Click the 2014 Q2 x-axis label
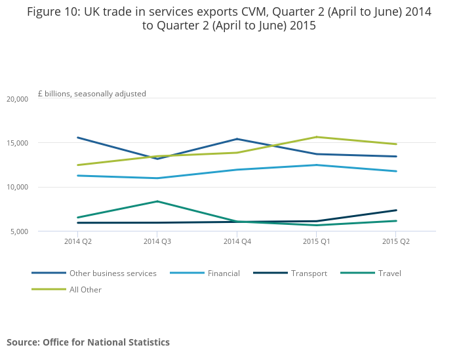click(x=77, y=242)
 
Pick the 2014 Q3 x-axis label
click(x=157, y=242)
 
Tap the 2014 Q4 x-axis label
click(x=237, y=242)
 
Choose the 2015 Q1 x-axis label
click(x=317, y=242)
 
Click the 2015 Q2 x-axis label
click(x=397, y=242)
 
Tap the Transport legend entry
click(x=309, y=273)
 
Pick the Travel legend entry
click(x=389, y=273)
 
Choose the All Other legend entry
click(x=85, y=289)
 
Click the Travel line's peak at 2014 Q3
click(x=157, y=201)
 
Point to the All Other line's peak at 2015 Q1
click(x=317, y=137)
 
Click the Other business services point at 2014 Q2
click(x=77, y=138)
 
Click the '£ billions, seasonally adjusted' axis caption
click(x=92, y=94)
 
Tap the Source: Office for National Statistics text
click(x=88, y=342)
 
